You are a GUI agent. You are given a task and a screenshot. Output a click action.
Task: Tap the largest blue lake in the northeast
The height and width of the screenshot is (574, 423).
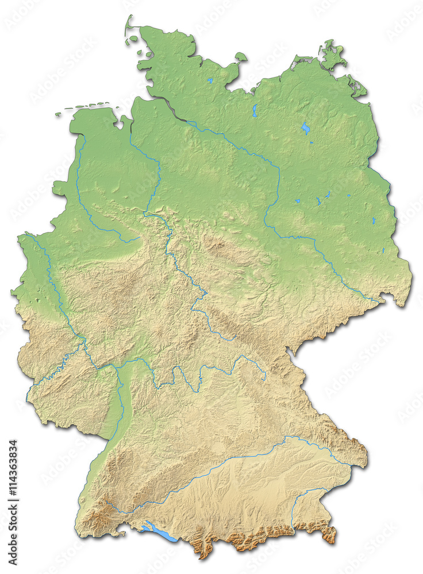point(306,128)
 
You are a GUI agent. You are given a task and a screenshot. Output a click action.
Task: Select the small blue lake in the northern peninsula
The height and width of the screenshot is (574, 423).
point(210,81)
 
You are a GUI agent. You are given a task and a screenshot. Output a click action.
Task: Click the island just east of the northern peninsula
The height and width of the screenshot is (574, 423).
point(241,56)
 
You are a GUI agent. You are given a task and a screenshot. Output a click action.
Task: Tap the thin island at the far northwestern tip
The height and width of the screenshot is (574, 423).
point(128,25)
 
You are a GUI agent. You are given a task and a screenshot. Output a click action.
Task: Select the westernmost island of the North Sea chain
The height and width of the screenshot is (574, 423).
point(58,114)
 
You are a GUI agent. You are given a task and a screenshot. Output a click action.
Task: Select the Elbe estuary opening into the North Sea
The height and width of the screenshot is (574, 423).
point(164,105)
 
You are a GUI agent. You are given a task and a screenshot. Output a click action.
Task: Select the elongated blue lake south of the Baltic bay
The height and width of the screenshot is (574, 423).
point(254,110)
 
